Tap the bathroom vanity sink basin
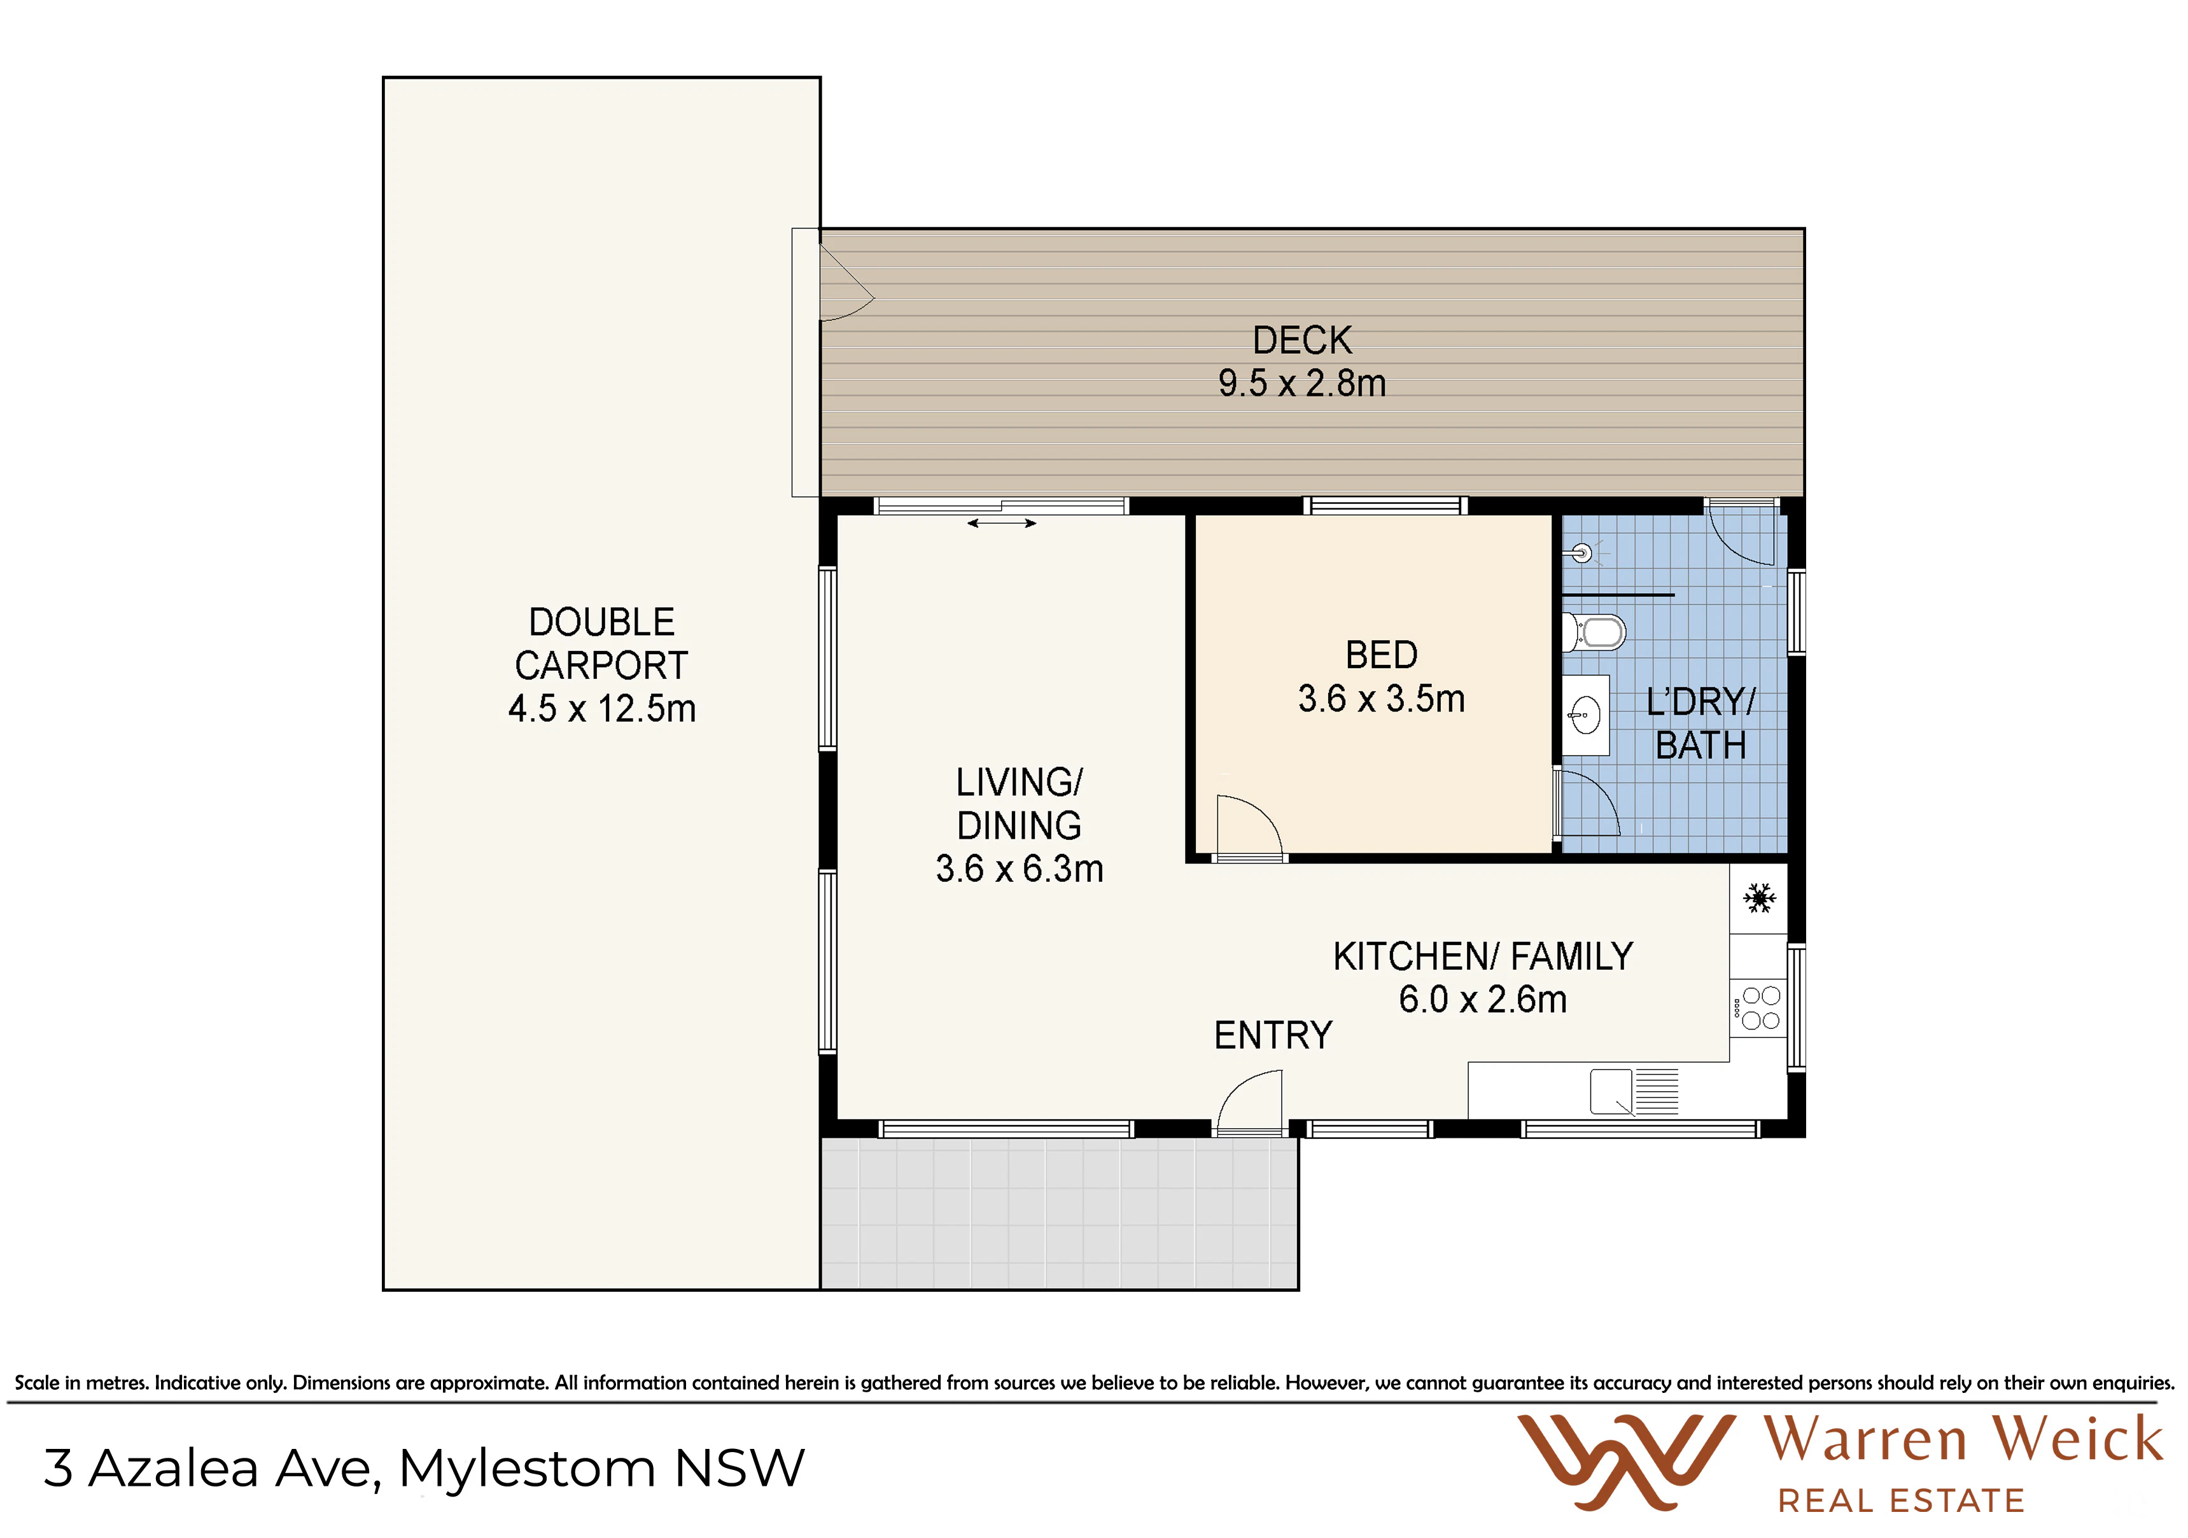click(x=1586, y=716)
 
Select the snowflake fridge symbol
click(x=1759, y=898)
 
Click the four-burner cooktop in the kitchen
click(x=1759, y=1008)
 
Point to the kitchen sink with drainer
click(x=1634, y=1092)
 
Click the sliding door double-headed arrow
click(x=1002, y=523)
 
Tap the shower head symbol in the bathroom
click(x=1582, y=553)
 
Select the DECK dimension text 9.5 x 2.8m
click(x=1301, y=383)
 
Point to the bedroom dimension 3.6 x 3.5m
click(x=1381, y=699)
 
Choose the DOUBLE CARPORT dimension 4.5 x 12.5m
click(x=601, y=709)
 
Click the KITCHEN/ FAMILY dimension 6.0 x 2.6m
click(x=1483, y=1000)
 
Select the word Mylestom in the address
click(x=527, y=1469)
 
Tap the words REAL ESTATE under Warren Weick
click(x=1900, y=1502)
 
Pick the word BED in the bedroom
click(x=1381, y=655)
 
